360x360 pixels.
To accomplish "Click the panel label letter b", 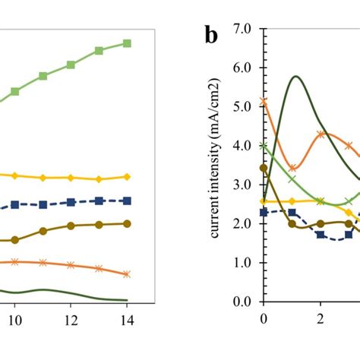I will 212,36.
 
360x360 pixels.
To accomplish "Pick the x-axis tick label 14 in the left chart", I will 127,321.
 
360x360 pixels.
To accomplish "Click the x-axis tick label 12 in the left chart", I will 71,321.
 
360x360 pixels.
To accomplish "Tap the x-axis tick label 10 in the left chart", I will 14,321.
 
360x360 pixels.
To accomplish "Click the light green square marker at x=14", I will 127,43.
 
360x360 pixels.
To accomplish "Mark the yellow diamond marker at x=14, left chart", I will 127,176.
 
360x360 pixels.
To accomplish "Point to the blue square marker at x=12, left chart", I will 71,202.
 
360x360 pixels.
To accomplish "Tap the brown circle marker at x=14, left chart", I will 127,223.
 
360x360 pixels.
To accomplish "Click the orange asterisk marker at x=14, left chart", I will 127,273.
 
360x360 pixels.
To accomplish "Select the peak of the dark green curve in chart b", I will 295,77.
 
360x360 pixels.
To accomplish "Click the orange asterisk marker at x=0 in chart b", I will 264,101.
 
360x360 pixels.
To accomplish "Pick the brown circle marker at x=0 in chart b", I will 264,168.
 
